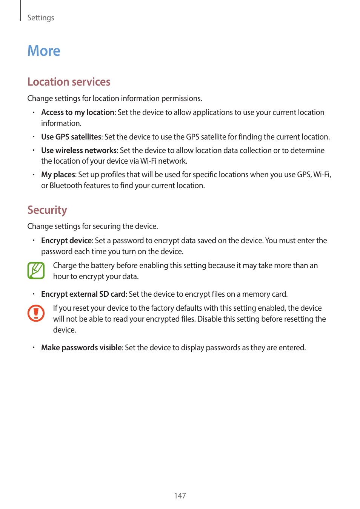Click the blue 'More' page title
click(x=44, y=51)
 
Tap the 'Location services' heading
click(x=69, y=82)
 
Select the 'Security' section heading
click(x=47, y=210)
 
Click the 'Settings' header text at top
click(x=41, y=18)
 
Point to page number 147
click(x=180, y=496)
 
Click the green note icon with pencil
click(x=36, y=271)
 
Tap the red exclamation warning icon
click(x=36, y=313)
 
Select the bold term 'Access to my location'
click(x=78, y=112)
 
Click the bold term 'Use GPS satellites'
click(x=71, y=137)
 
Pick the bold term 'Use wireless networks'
click(x=79, y=150)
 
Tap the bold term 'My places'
click(x=58, y=175)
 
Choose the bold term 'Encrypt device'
click(x=66, y=241)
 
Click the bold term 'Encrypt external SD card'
click(x=83, y=294)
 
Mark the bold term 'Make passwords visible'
click(x=82, y=348)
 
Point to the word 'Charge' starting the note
click(x=65, y=265)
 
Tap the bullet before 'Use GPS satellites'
click(x=34, y=137)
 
